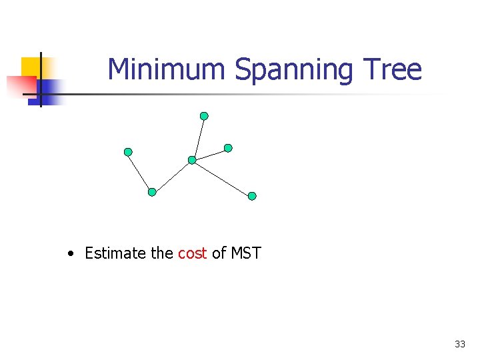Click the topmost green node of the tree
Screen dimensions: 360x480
(204, 116)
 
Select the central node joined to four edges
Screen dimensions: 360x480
(192, 160)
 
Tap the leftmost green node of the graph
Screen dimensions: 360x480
(128, 152)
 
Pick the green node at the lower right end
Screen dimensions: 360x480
(252, 196)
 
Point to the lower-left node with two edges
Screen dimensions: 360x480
(152, 192)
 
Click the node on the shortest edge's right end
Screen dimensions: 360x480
(228, 147)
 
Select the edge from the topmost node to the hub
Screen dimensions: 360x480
(198, 138)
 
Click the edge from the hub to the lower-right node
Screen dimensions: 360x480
(222, 178)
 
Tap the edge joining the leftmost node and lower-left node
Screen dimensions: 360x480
(140, 172)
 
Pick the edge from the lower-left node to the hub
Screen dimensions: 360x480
(172, 176)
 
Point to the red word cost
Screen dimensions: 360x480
(193, 253)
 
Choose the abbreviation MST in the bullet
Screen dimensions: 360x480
(246, 253)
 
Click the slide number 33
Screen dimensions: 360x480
(460, 344)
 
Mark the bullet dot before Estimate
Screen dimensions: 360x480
(71, 254)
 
